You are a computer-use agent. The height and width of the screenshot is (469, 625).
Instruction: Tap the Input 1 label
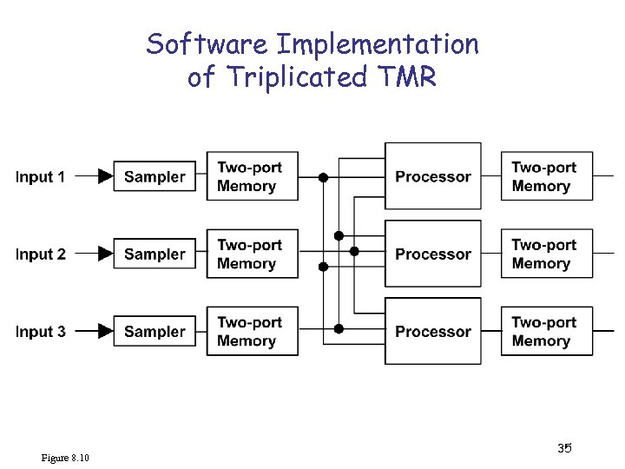pos(40,177)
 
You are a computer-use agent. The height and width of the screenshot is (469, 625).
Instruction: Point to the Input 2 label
pos(40,254)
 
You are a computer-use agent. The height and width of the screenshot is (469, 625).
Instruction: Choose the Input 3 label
pos(40,332)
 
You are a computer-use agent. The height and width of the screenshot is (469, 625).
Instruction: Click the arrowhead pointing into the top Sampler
pos(105,176)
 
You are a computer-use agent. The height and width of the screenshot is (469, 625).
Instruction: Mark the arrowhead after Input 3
pos(105,331)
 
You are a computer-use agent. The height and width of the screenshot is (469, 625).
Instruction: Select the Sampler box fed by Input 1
pos(155,176)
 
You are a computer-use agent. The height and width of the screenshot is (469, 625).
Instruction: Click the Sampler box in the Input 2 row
pos(155,254)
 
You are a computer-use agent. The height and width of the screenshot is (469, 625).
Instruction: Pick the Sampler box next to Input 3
pos(155,331)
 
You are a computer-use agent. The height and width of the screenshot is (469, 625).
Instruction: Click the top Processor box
pos(433,176)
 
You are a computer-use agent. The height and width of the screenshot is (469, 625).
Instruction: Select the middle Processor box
pos(433,254)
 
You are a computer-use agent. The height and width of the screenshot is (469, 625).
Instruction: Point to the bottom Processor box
pos(433,331)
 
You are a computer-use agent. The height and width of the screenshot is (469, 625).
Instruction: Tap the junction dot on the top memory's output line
pos(323,177)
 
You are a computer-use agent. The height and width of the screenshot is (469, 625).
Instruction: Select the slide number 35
pos(564,448)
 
